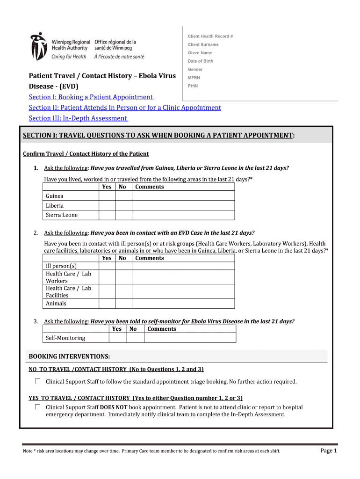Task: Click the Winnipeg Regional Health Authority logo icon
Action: [x=38, y=46]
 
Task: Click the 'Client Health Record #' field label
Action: [x=210, y=36]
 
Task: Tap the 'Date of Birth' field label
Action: [x=201, y=61]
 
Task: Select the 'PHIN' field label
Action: [x=193, y=86]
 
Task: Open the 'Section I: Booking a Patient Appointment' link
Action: [x=91, y=97]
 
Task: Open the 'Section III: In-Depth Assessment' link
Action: [x=78, y=118]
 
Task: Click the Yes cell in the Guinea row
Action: [x=107, y=196]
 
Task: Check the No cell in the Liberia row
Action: [x=123, y=205]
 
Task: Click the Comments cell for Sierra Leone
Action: [x=183, y=215]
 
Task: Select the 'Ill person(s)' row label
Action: [x=61, y=266]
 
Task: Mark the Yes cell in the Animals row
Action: [x=107, y=304]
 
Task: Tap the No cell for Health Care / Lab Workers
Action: [x=123, y=277]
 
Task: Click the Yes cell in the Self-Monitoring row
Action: [x=117, y=338]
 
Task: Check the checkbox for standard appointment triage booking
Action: [x=37, y=381]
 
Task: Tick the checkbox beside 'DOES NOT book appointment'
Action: [x=37, y=407]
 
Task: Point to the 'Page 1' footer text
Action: [x=328, y=450]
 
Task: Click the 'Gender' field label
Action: [x=195, y=70]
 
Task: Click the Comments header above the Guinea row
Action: [x=149, y=187]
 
